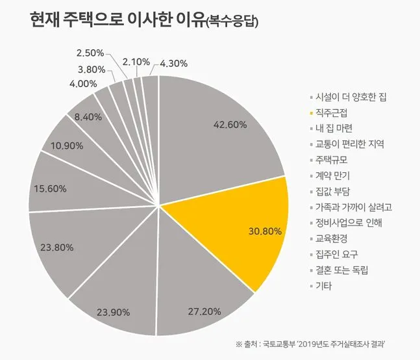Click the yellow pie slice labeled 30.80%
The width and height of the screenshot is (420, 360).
(247, 221)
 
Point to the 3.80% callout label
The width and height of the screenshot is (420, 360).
(92, 69)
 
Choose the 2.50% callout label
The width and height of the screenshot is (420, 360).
(90, 52)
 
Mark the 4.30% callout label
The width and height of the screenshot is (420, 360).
(173, 63)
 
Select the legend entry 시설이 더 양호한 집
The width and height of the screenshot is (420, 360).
(351, 97)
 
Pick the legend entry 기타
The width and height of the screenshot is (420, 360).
(325, 286)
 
